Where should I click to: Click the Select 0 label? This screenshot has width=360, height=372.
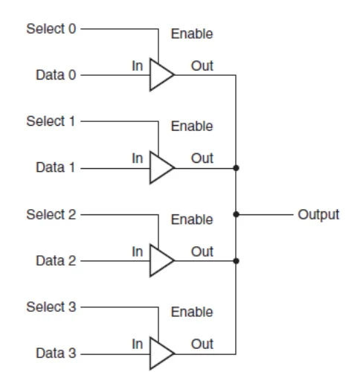[51, 28]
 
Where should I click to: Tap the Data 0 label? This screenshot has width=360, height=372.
[56, 74]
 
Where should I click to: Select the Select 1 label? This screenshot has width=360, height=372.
[51, 121]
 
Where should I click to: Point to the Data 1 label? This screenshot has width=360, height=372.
[55, 167]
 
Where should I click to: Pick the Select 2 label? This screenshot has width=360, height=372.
[51, 214]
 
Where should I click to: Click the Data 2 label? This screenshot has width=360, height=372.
[56, 260]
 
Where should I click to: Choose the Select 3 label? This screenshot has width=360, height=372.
[51, 307]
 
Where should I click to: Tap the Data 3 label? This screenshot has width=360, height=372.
[56, 353]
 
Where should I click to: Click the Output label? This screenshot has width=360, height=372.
[318, 215]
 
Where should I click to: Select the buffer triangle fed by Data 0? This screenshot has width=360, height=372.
[158, 74]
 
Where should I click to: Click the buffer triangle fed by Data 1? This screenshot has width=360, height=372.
[158, 168]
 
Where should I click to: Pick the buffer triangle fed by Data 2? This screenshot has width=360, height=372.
[158, 260]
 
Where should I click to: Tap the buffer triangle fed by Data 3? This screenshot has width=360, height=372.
[158, 353]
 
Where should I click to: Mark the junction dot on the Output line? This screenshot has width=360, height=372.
[236, 214]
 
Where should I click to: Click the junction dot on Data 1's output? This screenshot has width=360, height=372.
[236, 168]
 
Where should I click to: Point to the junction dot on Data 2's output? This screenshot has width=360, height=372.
[236, 260]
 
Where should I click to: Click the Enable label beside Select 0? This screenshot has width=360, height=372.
[192, 33]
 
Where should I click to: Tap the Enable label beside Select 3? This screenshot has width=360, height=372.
[192, 312]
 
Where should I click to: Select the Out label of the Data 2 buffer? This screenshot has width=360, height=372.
[202, 251]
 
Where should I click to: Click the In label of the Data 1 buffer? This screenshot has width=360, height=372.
[138, 158]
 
